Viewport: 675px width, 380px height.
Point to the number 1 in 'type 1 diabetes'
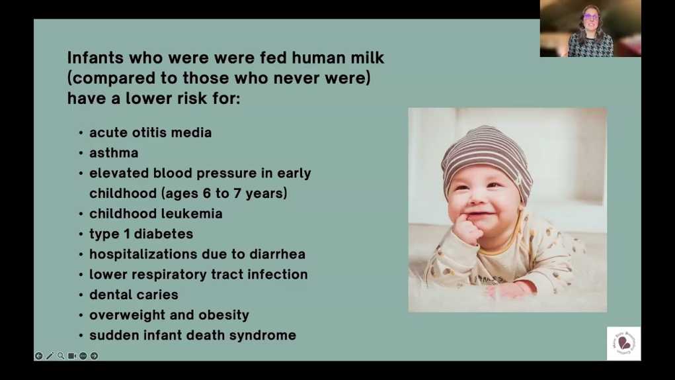pyautogui.click(x=126, y=234)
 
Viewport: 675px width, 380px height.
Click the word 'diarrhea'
pyautogui.click(x=277, y=254)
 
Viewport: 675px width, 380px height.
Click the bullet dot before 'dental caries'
pyautogui.click(x=81, y=295)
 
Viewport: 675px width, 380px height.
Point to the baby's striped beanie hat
pyautogui.click(x=487, y=160)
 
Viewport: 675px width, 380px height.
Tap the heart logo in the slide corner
pyautogui.click(x=624, y=344)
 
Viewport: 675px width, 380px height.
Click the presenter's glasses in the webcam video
pyautogui.click(x=590, y=17)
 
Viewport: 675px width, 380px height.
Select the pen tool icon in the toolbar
pyautogui.click(x=50, y=356)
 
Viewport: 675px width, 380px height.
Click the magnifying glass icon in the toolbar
pyautogui.click(x=61, y=356)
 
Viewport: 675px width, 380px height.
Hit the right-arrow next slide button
pyautogui.click(x=95, y=356)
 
